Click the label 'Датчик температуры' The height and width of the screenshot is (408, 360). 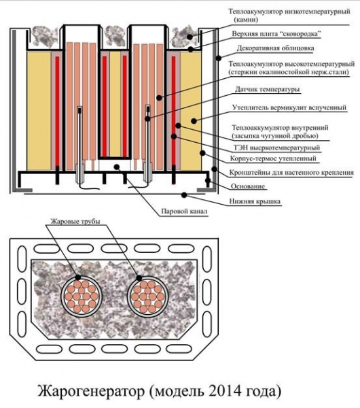[267, 90]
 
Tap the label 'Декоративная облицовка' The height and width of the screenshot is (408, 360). [275, 48]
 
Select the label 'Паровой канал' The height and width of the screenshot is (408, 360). [184, 211]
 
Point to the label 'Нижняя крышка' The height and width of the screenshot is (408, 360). [255, 201]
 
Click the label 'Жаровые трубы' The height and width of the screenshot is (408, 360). [75, 222]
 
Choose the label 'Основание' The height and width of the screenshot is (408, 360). [248, 186]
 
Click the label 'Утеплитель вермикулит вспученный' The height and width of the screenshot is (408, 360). [289, 107]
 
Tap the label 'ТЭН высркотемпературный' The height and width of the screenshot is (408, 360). [276, 148]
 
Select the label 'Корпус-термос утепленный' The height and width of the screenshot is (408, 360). [273, 158]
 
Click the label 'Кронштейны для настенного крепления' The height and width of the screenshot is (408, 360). [291, 173]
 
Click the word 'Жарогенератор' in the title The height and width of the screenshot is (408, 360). [91, 392]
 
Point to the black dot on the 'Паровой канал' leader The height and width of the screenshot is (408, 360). [117, 167]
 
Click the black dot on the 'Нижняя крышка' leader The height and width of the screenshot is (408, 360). [184, 194]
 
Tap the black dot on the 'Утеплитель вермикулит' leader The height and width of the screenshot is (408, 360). [194, 121]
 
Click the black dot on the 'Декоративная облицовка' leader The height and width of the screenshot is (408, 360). [219, 58]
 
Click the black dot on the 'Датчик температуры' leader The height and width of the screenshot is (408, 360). [147, 119]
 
